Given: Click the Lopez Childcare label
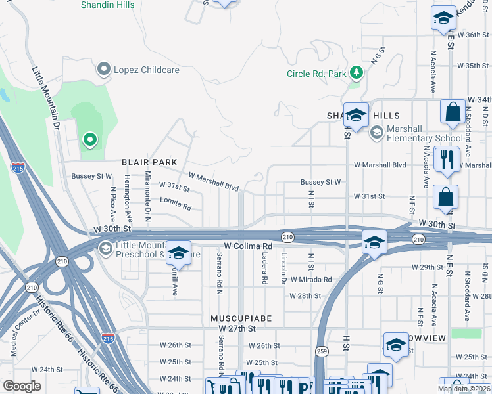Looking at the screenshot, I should [x=135, y=68].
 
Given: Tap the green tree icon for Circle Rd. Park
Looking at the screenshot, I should [x=356, y=72].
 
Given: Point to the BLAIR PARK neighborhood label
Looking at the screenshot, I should [x=149, y=162].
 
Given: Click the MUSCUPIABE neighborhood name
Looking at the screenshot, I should [x=241, y=318].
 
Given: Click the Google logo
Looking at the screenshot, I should [x=22, y=386].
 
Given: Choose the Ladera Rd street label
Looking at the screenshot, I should [x=265, y=269].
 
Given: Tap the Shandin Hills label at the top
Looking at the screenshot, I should [x=107, y=5].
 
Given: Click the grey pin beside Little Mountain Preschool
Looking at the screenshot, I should [x=105, y=248].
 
